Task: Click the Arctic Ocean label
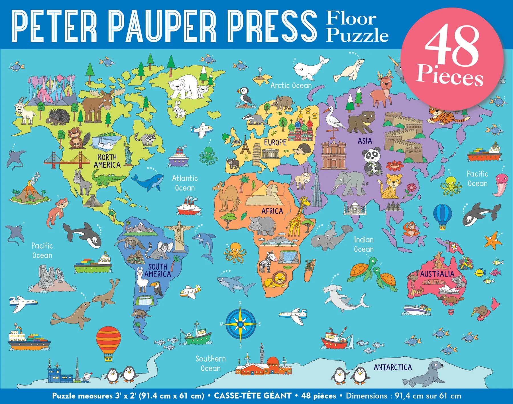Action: click(x=291, y=86)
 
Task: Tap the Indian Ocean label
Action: click(x=364, y=244)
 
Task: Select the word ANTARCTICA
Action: click(x=393, y=367)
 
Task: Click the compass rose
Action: click(x=241, y=324)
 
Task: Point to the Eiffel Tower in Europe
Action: click(x=245, y=145)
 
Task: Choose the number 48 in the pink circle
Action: click(x=452, y=46)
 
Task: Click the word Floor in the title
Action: click(x=351, y=19)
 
